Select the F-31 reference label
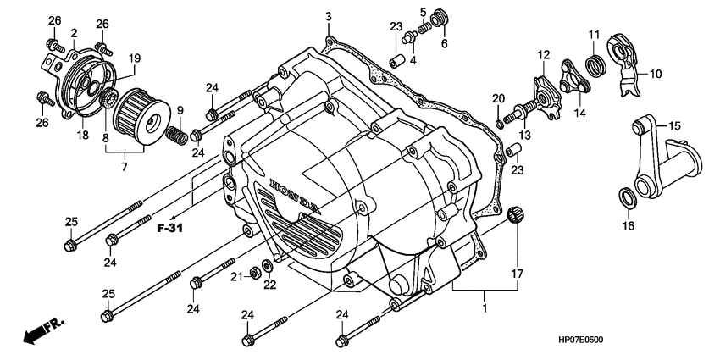pyautogui.click(x=170, y=228)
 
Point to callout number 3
pyautogui.click(x=329, y=16)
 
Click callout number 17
pyautogui.click(x=517, y=274)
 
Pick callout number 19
pyautogui.click(x=134, y=58)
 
